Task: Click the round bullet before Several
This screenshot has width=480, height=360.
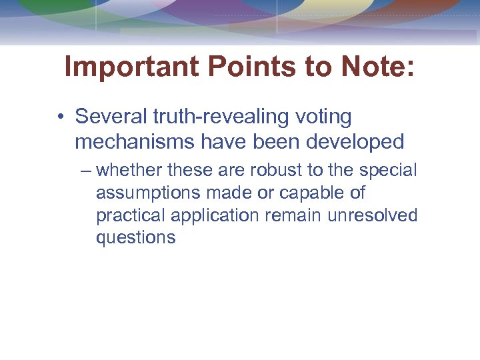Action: click(x=61, y=117)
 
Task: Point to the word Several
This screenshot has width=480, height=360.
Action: click(x=111, y=117)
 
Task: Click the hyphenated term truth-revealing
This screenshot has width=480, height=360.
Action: click(x=219, y=117)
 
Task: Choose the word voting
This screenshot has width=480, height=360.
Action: click(x=322, y=118)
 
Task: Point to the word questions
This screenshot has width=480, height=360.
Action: click(x=136, y=239)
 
